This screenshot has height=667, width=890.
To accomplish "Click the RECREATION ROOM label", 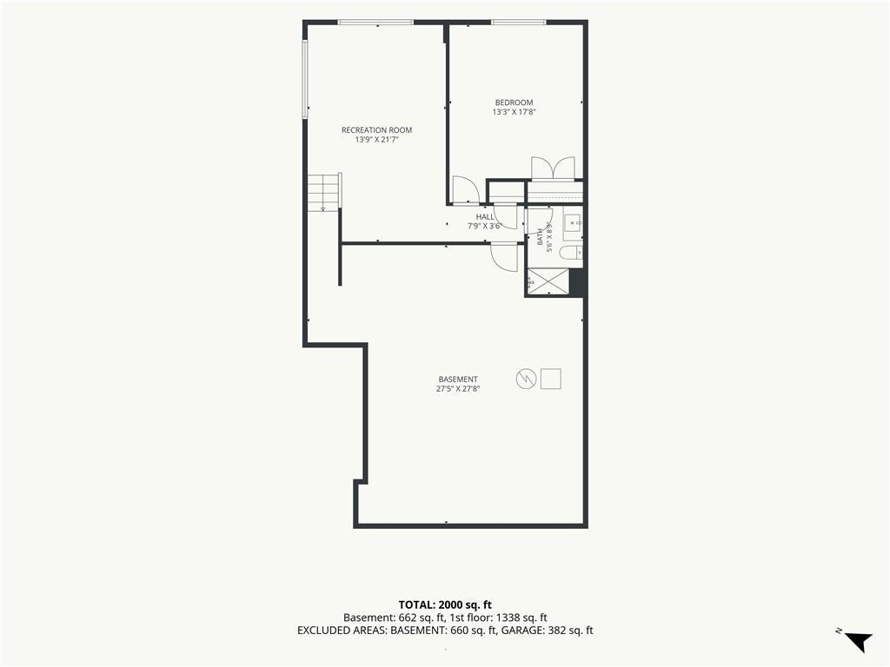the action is (376, 130).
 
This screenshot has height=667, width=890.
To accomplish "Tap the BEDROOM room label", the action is (514, 102).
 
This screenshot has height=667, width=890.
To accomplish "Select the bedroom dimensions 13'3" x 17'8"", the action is (514, 112).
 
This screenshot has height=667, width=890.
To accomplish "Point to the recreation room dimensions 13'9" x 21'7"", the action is (376, 140).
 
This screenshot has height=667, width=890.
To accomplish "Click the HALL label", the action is (485, 216).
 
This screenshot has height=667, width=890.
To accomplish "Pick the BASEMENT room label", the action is (458, 380).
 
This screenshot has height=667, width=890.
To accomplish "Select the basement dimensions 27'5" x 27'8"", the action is (458, 389).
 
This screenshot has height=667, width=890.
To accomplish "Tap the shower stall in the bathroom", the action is (548, 281).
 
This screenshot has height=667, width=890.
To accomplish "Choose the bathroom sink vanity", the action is (572, 224).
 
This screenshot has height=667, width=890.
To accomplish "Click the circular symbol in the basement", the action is (526, 379).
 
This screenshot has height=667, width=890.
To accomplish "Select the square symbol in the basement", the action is (550, 379).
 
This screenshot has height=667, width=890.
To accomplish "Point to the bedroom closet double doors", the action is (553, 168).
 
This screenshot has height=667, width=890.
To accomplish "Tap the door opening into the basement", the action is (504, 257).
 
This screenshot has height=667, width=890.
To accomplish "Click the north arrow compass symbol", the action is (857, 641).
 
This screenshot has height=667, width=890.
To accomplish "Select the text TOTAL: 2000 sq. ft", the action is (441, 604).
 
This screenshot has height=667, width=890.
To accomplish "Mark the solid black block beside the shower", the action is (577, 282).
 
